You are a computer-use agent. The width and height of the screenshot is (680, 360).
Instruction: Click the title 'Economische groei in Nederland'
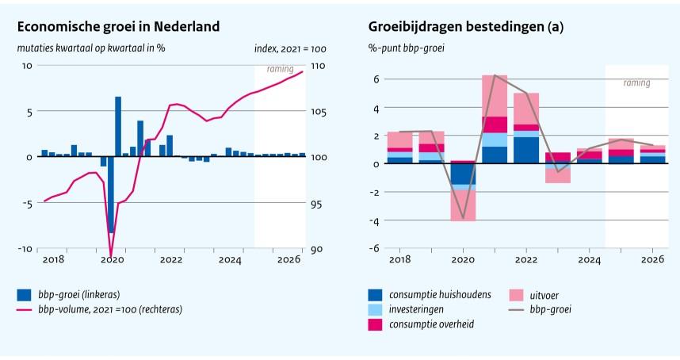click(118, 27)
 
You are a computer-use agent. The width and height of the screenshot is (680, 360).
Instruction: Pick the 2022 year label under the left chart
click(171, 260)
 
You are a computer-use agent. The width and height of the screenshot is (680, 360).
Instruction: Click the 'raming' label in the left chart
click(280, 69)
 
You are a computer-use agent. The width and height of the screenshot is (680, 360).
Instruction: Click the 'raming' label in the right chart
click(636, 82)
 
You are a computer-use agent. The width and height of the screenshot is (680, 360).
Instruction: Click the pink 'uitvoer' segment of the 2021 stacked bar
click(495, 96)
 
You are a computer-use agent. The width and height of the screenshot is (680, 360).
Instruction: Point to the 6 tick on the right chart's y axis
click(377, 79)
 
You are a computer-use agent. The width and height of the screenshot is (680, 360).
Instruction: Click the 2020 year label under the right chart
click(463, 260)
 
